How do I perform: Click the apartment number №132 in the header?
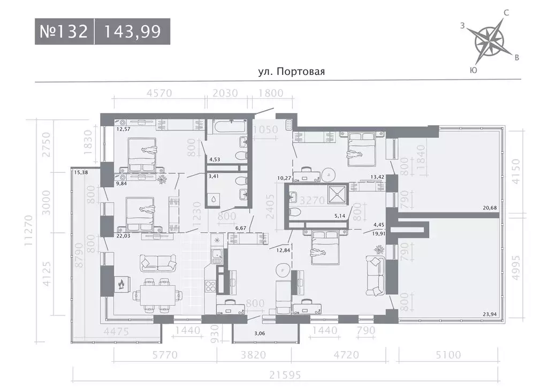[64, 32]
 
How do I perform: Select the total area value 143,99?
[133, 32]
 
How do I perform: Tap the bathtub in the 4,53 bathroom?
[227, 127]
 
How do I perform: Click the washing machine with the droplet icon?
[214, 199]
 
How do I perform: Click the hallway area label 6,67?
[242, 228]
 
